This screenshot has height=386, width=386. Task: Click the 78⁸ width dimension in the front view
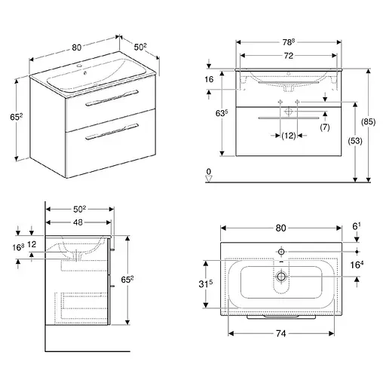click(x=288, y=42)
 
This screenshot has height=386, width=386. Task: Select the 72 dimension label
click(x=289, y=56)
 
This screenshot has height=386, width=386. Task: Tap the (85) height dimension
click(x=368, y=122)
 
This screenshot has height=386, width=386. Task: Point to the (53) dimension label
click(x=355, y=141)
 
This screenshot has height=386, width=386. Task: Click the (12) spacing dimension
click(x=289, y=136)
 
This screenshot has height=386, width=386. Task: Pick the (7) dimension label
click(x=325, y=127)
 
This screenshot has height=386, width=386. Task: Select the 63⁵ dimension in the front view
click(x=222, y=113)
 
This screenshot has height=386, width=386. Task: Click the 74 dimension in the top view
click(x=281, y=333)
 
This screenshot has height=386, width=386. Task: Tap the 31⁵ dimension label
click(x=205, y=283)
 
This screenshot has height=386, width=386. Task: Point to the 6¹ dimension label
click(x=357, y=226)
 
